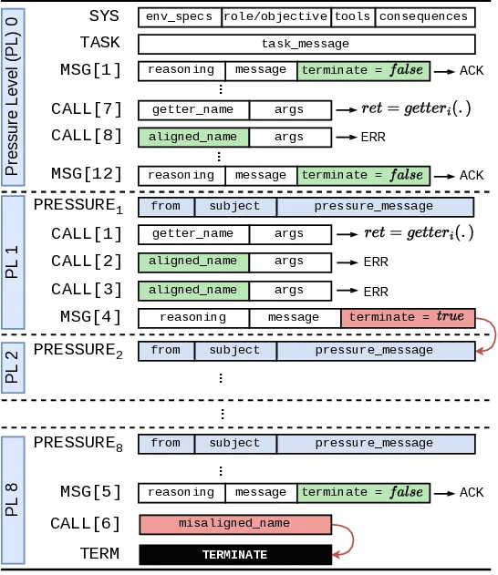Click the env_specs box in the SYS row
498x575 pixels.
pos(180,17)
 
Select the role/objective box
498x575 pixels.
pos(276,17)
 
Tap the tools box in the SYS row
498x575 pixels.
pos(352,17)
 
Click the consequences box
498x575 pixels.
pos(424,17)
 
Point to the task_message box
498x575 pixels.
pos(306,44)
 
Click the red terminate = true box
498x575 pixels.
pos(407,317)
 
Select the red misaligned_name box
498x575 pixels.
pos(234,524)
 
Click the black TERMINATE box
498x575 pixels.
pos(234,555)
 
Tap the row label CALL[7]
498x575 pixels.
pos(87,110)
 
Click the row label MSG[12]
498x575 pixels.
pos(86,174)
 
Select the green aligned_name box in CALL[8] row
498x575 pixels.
pos(193,137)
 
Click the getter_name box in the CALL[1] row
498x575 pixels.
pos(193,234)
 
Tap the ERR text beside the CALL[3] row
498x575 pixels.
pos(376,292)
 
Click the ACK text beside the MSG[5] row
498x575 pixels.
pos(472,493)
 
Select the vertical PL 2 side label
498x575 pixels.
pos(13,365)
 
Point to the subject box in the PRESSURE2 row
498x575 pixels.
pos(234,351)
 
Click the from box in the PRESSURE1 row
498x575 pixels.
pos(165,207)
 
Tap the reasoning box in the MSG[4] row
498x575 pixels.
pos(193,317)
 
